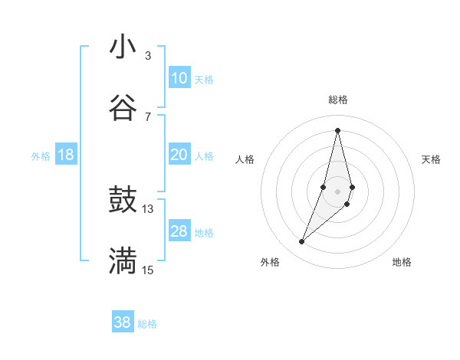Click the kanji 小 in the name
click(x=123, y=47)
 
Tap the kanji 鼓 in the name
click(x=123, y=201)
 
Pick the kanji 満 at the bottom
click(x=123, y=260)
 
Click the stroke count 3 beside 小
click(x=148, y=56)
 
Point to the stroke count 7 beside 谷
click(x=148, y=116)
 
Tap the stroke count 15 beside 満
click(x=148, y=270)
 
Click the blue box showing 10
click(x=179, y=78)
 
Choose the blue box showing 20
click(x=179, y=155)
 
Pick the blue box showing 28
click(x=179, y=231)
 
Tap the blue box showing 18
click(x=66, y=155)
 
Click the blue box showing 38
click(x=123, y=322)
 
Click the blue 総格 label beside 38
click(x=147, y=324)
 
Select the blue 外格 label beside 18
click(x=41, y=156)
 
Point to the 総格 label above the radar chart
click(x=338, y=100)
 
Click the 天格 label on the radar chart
click(x=432, y=159)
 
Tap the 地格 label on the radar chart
click(x=402, y=262)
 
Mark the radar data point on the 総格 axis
click(x=338, y=129)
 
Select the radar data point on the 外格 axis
click(x=301, y=242)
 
